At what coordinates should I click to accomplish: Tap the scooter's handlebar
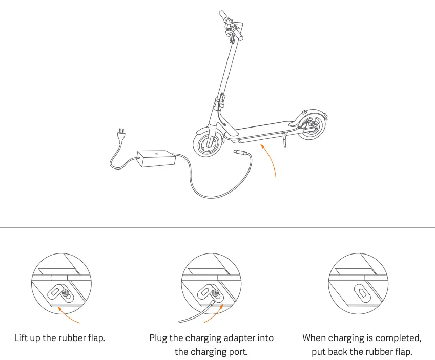click(231, 25)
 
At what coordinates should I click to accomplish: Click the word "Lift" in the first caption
click(22, 338)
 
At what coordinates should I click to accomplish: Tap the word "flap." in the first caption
click(95, 338)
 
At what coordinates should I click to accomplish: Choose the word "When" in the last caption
click(314, 338)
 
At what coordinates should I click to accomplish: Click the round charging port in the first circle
click(66, 293)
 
